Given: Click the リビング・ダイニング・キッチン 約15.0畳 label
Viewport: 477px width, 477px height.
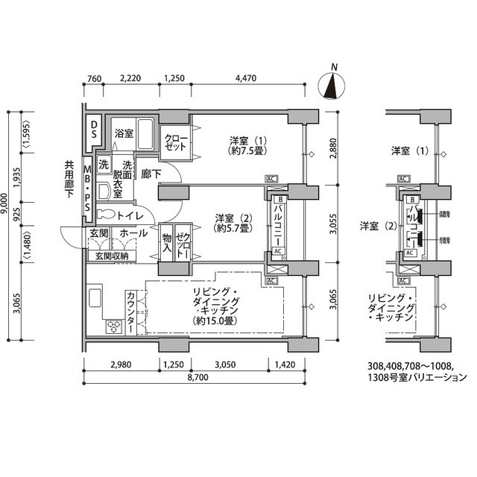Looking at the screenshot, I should pos(215,306).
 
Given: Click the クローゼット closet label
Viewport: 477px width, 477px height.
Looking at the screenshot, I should pos(177,142).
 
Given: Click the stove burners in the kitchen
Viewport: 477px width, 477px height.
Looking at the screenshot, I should pos(114,326).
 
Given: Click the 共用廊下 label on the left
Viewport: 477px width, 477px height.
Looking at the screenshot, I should pos(69,180).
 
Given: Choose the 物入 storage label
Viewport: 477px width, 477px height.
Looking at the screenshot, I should pos(166,242).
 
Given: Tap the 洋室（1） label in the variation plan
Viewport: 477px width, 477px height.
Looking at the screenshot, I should pos(411,151).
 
